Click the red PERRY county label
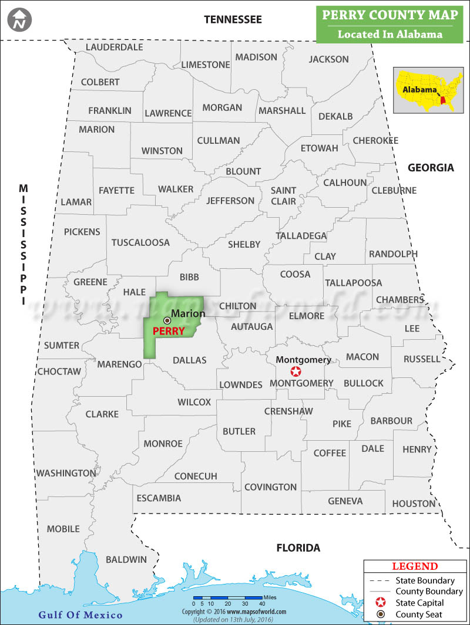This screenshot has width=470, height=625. pyautogui.click(x=169, y=331)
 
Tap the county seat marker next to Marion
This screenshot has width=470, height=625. pyautogui.click(x=167, y=320)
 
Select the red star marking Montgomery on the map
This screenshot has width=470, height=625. pyautogui.click(x=296, y=371)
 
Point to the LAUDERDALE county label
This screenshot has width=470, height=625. pyautogui.click(x=114, y=47)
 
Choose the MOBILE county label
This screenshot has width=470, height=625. pyautogui.click(x=63, y=529)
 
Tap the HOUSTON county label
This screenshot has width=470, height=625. pyautogui.click(x=414, y=504)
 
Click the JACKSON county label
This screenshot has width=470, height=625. pyautogui.click(x=328, y=59)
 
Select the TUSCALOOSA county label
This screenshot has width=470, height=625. pyautogui.click(x=140, y=242)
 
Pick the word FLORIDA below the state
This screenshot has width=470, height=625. pyautogui.click(x=298, y=548)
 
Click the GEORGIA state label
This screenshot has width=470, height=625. pyautogui.click(x=431, y=168)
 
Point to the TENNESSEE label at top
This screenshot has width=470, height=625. pyautogui.click(x=233, y=20)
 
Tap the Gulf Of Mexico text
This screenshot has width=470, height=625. pyautogui.click(x=80, y=615)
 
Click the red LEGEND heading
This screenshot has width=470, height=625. pyautogui.click(x=414, y=566)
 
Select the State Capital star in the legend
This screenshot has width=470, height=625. pyautogui.click(x=380, y=603)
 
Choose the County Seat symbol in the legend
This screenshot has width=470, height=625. pyautogui.click(x=380, y=614)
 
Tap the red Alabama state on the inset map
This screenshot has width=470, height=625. pyautogui.click(x=443, y=100)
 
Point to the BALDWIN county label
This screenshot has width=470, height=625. pyautogui.click(x=126, y=559)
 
